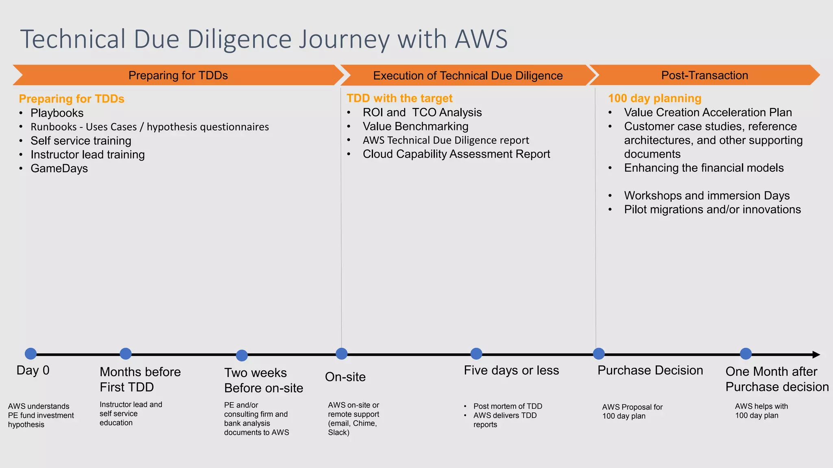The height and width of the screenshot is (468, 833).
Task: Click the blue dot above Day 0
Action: (31, 354)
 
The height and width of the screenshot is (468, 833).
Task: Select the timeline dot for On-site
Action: (342, 354)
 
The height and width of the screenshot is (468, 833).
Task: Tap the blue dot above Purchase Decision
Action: (599, 354)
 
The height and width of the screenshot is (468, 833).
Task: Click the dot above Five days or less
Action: (476, 354)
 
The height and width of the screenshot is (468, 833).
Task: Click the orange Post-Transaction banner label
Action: (704, 75)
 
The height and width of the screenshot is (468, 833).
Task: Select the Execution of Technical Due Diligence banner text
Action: (468, 76)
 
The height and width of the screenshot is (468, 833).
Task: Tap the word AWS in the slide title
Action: (481, 39)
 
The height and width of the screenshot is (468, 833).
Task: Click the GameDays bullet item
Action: (59, 168)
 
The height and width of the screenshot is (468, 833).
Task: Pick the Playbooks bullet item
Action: (57, 113)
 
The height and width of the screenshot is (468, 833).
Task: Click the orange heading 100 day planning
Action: (654, 98)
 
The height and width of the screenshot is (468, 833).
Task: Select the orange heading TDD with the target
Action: (399, 98)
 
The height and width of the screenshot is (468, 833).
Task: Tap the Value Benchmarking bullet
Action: (415, 126)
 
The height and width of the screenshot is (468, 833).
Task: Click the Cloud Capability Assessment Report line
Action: (456, 154)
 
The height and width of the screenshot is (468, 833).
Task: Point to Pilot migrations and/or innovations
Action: (712, 209)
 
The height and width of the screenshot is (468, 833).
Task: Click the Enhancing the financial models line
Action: (704, 168)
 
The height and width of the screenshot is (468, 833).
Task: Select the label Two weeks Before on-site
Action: (264, 380)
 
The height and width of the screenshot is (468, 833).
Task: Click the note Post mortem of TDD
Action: (508, 406)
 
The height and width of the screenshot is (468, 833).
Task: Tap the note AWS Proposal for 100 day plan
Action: (632, 411)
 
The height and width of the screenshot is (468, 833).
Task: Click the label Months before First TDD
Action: (140, 379)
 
